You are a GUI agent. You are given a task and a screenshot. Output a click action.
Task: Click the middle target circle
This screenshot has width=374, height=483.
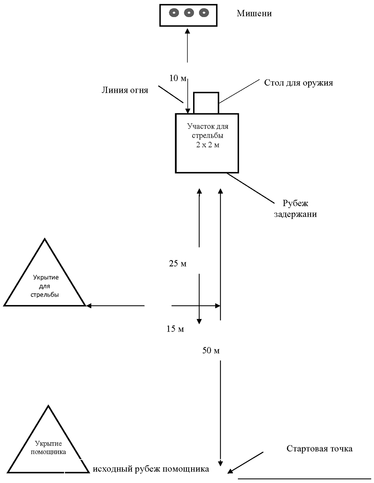(x=189, y=13)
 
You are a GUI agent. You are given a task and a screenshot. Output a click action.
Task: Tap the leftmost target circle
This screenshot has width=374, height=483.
(x=174, y=13)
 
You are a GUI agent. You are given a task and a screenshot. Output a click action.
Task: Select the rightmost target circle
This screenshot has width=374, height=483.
(x=203, y=13)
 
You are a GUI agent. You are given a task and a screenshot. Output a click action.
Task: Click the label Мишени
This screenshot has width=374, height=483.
(x=254, y=14)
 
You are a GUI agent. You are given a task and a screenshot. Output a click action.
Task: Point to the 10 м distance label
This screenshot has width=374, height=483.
(x=178, y=78)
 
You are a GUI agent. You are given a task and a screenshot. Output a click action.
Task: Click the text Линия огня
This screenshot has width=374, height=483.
(x=125, y=90)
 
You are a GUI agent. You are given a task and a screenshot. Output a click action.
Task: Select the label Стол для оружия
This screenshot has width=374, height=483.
(x=298, y=83)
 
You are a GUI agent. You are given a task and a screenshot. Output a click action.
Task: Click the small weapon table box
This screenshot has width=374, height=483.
(x=206, y=102)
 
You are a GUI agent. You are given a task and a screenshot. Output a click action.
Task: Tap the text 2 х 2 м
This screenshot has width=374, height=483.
(x=208, y=145)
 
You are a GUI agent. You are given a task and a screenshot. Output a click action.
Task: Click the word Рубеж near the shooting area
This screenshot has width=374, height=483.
(x=296, y=203)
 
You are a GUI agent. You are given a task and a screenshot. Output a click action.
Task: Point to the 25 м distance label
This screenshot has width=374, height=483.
(x=178, y=264)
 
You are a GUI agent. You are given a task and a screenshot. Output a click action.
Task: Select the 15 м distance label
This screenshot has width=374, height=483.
(x=175, y=329)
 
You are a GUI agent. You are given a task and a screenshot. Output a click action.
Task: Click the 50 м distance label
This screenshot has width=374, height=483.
(x=211, y=350)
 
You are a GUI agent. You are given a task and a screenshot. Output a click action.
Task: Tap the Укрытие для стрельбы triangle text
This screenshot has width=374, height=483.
(x=45, y=286)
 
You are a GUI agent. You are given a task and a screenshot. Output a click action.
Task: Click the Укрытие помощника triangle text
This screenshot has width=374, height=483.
(x=49, y=448)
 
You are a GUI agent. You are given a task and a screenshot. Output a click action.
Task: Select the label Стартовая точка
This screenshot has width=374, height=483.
(x=319, y=449)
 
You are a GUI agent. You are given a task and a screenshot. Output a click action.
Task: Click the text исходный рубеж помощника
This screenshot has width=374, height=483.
(x=151, y=469)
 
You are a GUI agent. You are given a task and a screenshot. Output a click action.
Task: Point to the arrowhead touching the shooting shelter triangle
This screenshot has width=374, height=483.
(x=89, y=306)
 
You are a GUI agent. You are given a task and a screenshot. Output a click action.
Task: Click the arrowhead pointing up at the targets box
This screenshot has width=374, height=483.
(x=187, y=31)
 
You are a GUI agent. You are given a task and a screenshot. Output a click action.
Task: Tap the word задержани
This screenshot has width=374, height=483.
(x=295, y=214)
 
